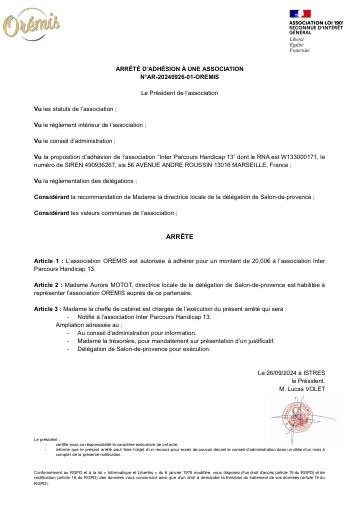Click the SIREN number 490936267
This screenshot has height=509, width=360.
pyautogui.click(x=86, y=164)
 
